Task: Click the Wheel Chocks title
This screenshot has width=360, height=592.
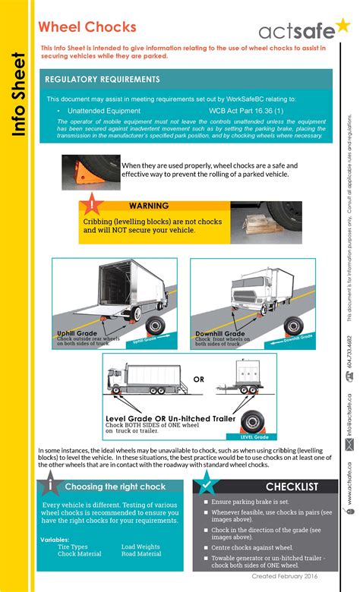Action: (x=77, y=28)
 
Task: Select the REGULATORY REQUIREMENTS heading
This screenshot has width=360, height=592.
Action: (x=103, y=79)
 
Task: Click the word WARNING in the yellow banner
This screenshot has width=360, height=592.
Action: (x=149, y=206)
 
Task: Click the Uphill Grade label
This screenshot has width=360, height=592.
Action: (x=77, y=333)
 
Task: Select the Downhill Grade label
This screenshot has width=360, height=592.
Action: (x=219, y=333)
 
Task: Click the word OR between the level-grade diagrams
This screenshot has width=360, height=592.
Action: (x=200, y=379)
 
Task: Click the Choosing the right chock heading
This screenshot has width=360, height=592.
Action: (x=115, y=486)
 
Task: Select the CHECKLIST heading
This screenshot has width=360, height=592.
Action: (x=292, y=487)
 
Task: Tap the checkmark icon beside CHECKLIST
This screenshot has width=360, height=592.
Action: (x=204, y=485)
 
